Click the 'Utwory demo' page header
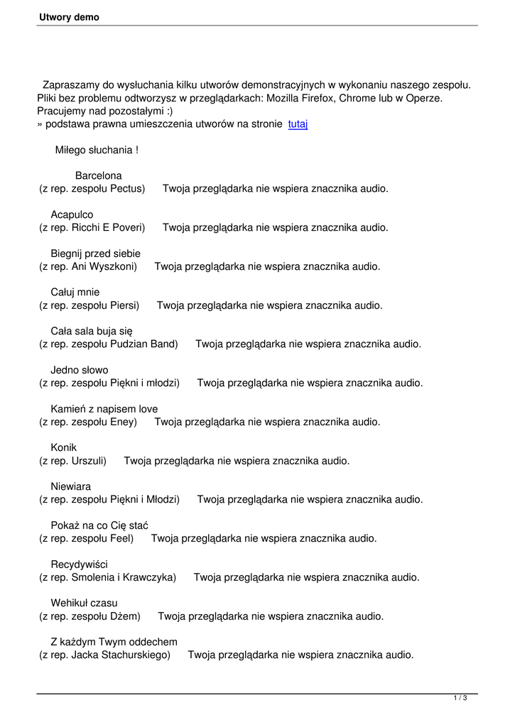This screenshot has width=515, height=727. (69, 17)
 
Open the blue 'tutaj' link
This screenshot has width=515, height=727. (298, 124)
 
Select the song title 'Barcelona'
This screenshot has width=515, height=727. (98, 175)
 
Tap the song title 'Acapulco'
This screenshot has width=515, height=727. (72, 214)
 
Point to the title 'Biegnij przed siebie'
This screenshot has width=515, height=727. (95, 253)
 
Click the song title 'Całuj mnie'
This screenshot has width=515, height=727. (75, 292)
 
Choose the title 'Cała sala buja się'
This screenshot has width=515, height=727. (91, 331)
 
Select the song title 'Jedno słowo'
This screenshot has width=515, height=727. (79, 370)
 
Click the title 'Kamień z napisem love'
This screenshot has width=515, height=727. (104, 409)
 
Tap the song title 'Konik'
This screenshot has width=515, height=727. (63, 447)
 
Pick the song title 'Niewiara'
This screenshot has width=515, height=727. (70, 486)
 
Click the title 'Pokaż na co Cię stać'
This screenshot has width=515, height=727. (99, 525)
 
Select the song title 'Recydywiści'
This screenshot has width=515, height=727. (79, 564)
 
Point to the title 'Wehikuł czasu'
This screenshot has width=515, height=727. (84, 603)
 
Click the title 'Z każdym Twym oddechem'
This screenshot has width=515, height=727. (114, 642)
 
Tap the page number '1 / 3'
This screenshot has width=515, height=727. (460, 699)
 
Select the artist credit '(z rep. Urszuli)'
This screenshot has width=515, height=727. (72, 461)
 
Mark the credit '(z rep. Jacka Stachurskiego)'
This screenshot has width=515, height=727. (104, 655)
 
